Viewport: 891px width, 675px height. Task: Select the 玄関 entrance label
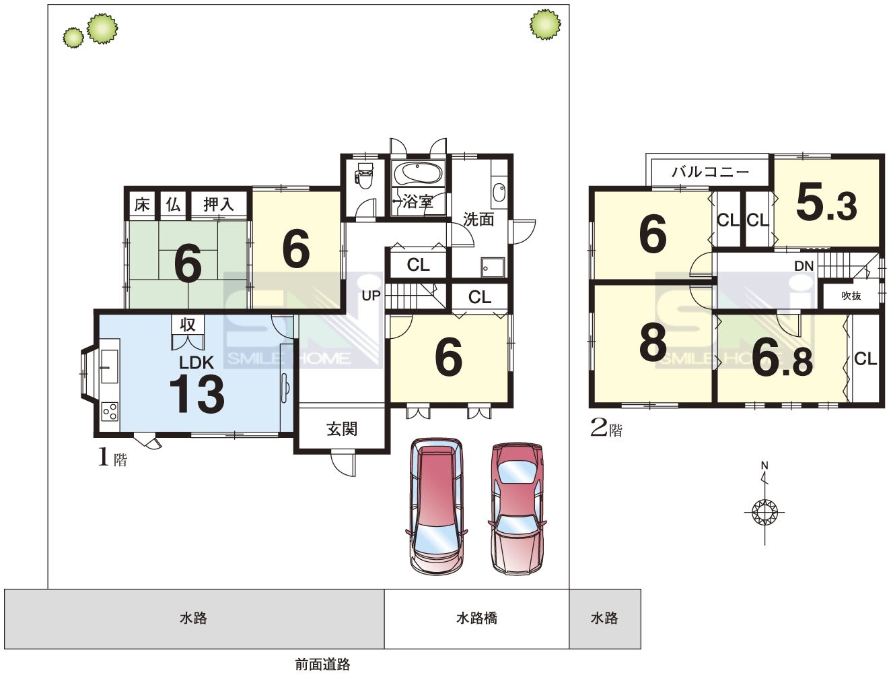[342, 429]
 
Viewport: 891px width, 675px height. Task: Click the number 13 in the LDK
[197, 393]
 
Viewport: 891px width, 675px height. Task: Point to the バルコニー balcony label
[710, 172]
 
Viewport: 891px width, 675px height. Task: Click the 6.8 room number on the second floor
[782, 358]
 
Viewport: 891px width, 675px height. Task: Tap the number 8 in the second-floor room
[653, 342]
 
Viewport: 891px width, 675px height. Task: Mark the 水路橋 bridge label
[476, 618]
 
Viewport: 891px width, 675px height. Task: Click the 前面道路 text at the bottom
[323, 664]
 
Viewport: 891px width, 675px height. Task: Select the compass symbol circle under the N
[764, 513]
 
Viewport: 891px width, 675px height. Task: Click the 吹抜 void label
[851, 296]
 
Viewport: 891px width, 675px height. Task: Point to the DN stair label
[804, 266]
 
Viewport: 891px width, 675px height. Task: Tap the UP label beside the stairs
[371, 296]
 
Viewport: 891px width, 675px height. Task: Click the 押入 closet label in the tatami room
[219, 204]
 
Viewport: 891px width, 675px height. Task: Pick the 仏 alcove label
[174, 204]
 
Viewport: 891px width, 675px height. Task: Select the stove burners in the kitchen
[110, 411]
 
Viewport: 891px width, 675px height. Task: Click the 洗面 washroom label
[478, 220]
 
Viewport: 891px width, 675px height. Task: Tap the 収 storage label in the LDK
[188, 325]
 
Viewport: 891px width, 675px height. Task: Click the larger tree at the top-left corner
[102, 28]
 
